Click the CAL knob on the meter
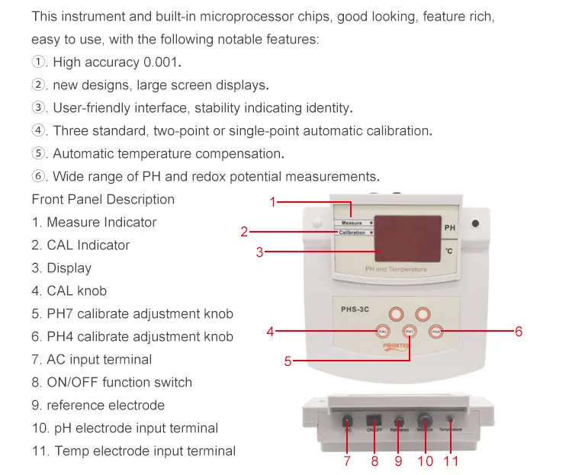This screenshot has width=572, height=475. pyautogui.click(x=383, y=331)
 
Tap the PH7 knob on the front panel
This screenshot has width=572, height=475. pyautogui.click(x=410, y=332)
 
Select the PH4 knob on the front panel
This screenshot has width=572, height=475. pyautogui.click(x=436, y=332)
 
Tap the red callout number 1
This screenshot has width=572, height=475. pyautogui.click(x=272, y=202)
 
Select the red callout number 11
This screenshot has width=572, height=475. pyautogui.click(x=450, y=461)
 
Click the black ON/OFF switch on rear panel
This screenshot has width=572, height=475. pyautogui.click(x=374, y=420)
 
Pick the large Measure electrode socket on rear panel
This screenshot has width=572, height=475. pyautogui.click(x=425, y=419)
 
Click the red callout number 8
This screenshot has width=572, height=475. pyautogui.click(x=374, y=461)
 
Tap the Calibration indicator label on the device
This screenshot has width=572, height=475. pyautogui.click(x=352, y=233)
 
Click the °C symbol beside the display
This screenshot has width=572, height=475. pyautogui.click(x=449, y=251)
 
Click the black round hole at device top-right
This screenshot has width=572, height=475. pyautogui.click(x=475, y=223)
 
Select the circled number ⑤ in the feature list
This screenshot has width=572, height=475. pyautogui.click(x=39, y=153)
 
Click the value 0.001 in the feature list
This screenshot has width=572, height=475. pyautogui.click(x=162, y=62)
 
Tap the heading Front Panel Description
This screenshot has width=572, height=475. pyautogui.click(x=103, y=200)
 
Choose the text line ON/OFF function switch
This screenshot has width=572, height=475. pyautogui.click(x=111, y=382)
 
